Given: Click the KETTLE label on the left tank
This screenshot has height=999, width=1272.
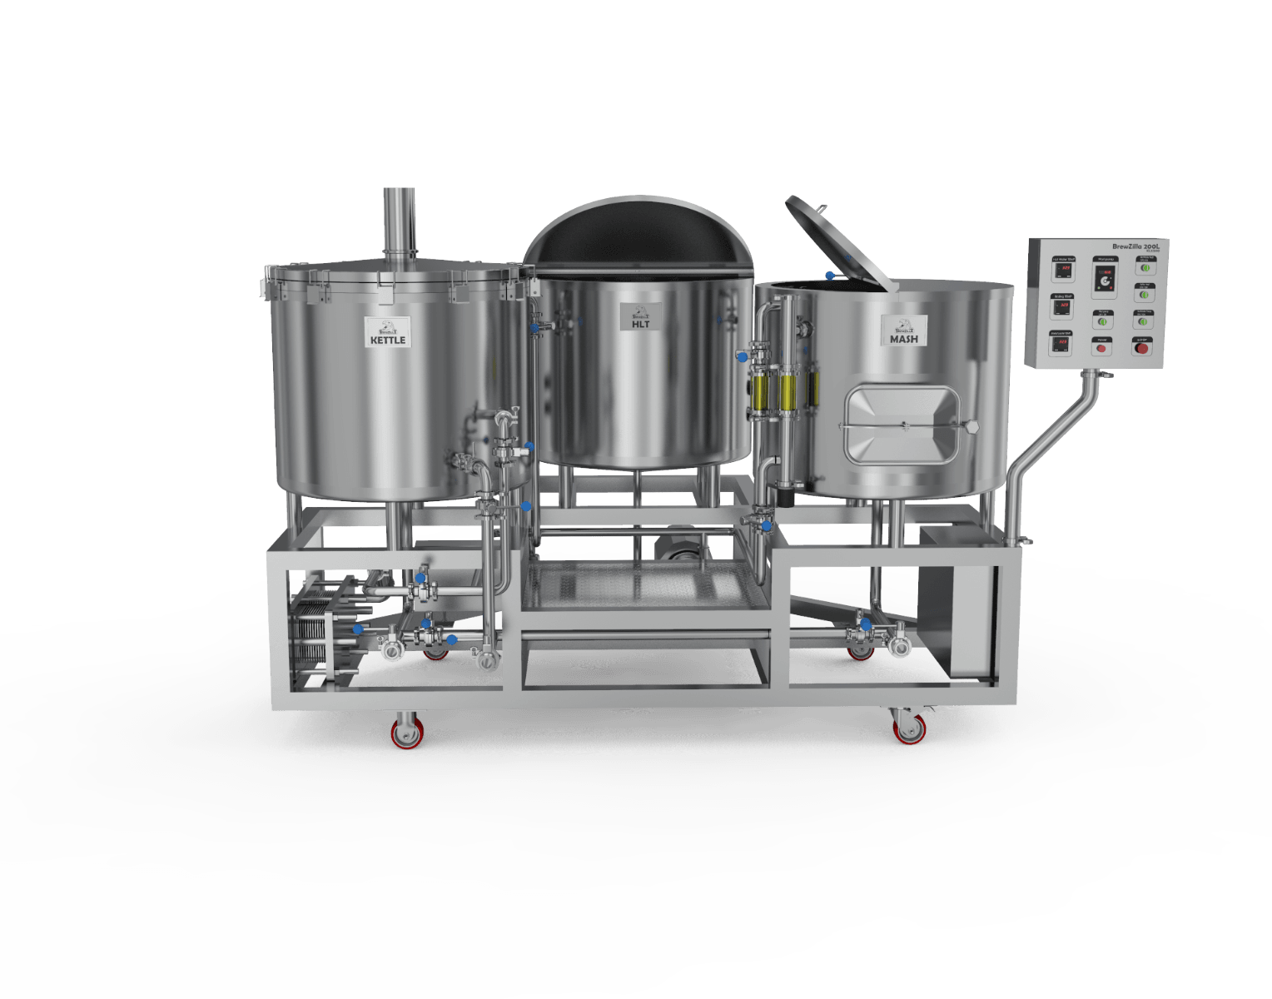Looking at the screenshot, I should coord(388,332).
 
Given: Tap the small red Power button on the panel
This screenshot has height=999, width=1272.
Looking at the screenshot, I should coord(1101,347).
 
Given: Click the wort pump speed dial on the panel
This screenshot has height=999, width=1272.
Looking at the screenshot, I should coord(1104,281).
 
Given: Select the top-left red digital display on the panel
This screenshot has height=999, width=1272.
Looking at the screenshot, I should coord(1063,270).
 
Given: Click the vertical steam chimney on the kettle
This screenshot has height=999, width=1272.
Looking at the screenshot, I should coord(399,221).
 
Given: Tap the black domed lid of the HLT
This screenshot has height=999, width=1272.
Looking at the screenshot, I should coord(638,238).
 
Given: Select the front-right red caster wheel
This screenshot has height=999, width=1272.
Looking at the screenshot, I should coord(907,729).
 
